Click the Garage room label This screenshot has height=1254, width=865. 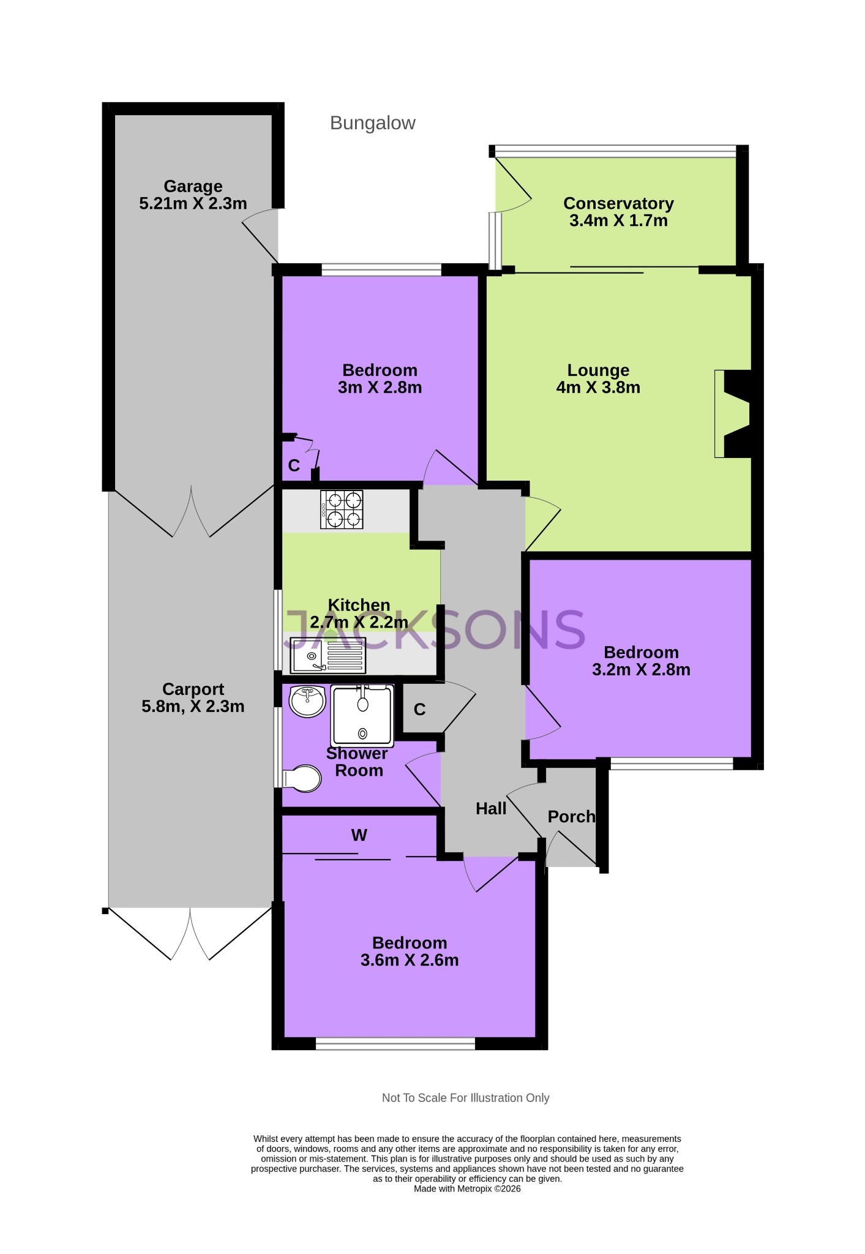point(193,186)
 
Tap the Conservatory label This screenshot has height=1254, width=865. point(618,203)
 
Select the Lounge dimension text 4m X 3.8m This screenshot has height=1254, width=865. point(598,388)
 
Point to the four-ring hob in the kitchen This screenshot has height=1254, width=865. point(342,509)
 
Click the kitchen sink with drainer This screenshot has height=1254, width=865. point(328,655)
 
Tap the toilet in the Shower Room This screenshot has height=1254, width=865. point(302,779)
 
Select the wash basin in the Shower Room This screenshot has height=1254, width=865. point(307,701)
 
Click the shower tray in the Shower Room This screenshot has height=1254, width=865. point(362,715)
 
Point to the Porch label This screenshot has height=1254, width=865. point(571,817)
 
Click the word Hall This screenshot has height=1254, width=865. point(491,809)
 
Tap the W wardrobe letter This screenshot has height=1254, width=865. point(359,835)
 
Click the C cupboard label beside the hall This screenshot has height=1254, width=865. point(419,710)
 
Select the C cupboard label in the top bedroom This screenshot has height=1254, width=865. point(294,466)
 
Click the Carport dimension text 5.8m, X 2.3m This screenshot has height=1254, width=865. point(193,707)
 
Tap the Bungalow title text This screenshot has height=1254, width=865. point(372,123)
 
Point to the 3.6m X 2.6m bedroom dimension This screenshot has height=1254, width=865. point(410,960)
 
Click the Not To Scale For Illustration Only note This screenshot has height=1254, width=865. point(465,1098)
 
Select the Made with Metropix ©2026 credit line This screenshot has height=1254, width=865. point(467,1188)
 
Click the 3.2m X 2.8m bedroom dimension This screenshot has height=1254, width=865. point(641,670)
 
